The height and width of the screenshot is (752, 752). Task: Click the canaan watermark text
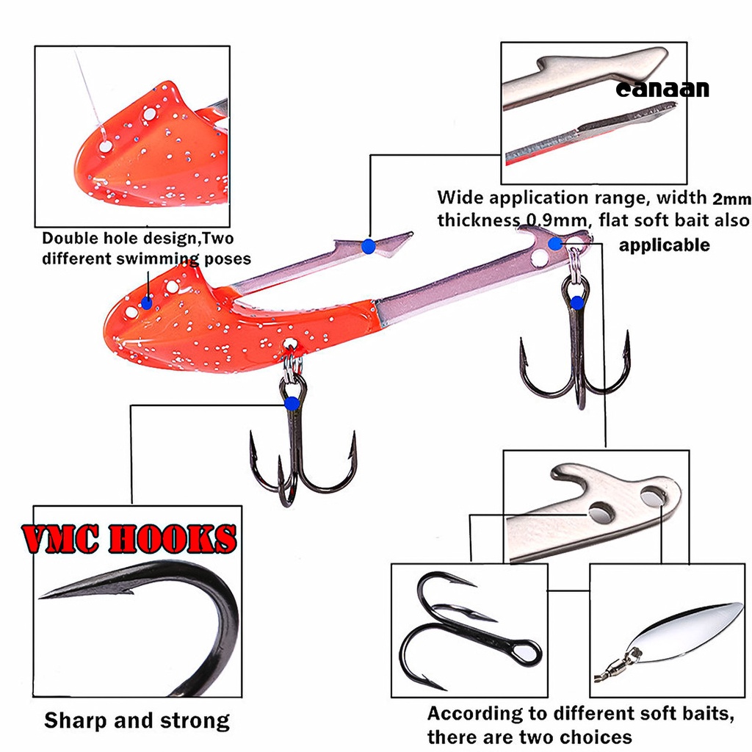pyautogui.click(x=662, y=89)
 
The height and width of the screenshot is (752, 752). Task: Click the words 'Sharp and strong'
pyautogui.click(x=137, y=720)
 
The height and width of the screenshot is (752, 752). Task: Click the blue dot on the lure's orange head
pyautogui.click(x=147, y=302)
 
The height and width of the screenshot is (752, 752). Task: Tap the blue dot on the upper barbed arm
pyautogui.click(x=368, y=247)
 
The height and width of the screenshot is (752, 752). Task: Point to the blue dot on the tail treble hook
pyautogui.click(x=577, y=302)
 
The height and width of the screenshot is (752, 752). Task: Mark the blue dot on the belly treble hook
pyautogui.click(x=292, y=402)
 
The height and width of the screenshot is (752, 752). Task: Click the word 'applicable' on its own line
pyautogui.click(x=664, y=245)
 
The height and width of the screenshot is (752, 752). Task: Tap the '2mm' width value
pyautogui.click(x=731, y=198)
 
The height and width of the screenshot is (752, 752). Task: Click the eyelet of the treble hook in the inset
pyautogui.click(x=527, y=652)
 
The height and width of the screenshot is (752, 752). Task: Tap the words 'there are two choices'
pyautogui.click(x=529, y=737)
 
